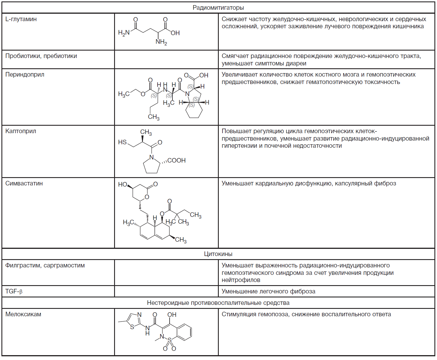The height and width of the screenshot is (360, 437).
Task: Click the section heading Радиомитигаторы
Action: (x=218, y=8)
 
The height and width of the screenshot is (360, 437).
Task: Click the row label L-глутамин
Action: (x=21, y=19)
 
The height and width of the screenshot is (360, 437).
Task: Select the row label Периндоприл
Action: (x=25, y=75)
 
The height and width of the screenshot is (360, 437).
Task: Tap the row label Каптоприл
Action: (x=21, y=131)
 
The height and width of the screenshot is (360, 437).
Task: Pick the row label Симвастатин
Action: (x=24, y=184)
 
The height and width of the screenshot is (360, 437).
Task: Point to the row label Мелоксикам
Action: (x=23, y=315)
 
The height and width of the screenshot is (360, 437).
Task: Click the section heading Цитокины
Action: (x=218, y=254)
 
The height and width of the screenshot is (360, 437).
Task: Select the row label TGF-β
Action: (x=14, y=292)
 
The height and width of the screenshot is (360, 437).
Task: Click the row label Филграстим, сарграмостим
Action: (x=45, y=266)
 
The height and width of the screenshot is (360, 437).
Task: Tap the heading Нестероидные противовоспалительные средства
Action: (x=218, y=303)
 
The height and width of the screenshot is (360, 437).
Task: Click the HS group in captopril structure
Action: (x=122, y=142)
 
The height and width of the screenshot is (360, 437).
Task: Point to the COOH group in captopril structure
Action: (x=176, y=161)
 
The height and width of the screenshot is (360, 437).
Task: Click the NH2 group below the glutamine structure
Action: (x=161, y=42)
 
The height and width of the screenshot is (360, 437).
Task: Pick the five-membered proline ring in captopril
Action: (x=151, y=166)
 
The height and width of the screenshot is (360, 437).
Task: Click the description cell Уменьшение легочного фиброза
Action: (x=268, y=292)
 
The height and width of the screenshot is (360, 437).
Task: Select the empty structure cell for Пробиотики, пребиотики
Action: (x=166, y=59)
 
